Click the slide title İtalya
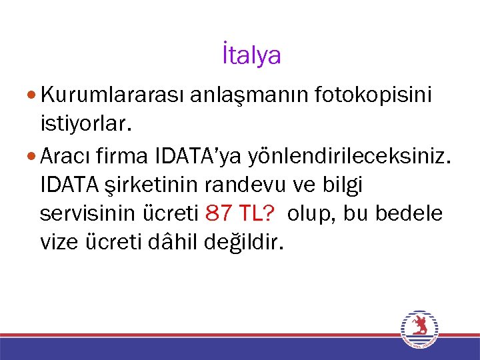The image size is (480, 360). (251, 56)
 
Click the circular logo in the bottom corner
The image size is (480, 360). (419, 329)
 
